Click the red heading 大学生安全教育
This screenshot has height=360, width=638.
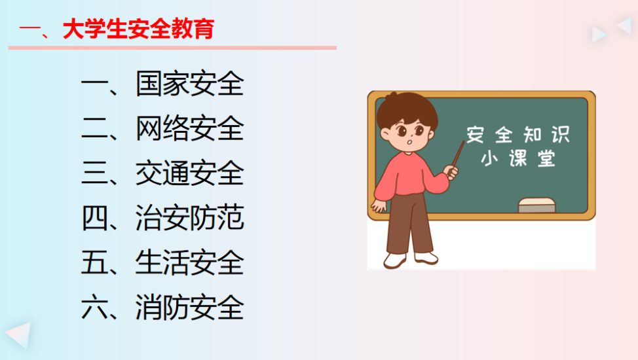pyautogui.click(x=138, y=29)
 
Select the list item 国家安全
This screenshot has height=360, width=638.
pyautogui.click(x=189, y=84)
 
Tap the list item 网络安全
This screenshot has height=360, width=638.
pyautogui.click(x=189, y=128)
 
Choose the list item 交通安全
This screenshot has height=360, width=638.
pyautogui.click(x=189, y=173)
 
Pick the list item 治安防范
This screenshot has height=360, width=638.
pyautogui.click(x=189, y=217)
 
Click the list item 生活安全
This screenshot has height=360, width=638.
pyautogui.click(x=189, y=262)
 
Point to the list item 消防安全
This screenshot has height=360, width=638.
pyautogui.click(x=189, y=307)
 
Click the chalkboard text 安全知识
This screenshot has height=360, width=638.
pyautogui.click(x=518, y=135)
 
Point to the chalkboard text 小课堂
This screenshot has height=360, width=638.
pyautogui.click(x=518, y=158)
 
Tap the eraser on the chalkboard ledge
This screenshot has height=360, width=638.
pyautogui.click(x=536, y=206)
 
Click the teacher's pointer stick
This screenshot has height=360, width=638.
pyautogui.click(x=458, y=154)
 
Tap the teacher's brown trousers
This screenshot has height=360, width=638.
pyautogui.click(x=409, y=224)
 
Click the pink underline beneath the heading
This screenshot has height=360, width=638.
pyautogui.click(x=172, y=48)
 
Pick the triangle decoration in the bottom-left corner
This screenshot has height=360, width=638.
pyautogui.click(x=20, y=334)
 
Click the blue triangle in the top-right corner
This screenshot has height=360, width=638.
pyautogui.click(x=598, y=35)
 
